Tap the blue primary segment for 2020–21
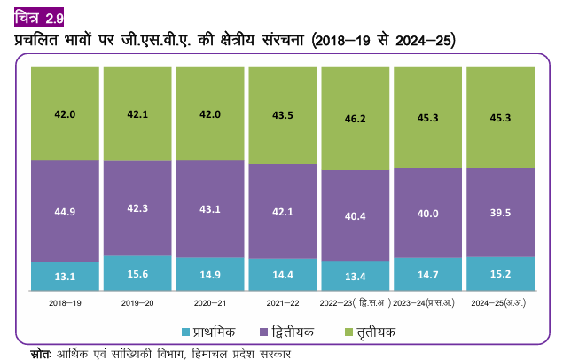(210, 275)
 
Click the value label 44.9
(65, 211)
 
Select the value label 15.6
(137, 273)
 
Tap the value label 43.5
(283, 115)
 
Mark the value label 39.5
(501, 213)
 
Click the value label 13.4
(356, 276)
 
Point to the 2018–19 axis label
(65, 304)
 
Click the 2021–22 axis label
(283, 304)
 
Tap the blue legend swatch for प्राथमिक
(186, 332)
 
